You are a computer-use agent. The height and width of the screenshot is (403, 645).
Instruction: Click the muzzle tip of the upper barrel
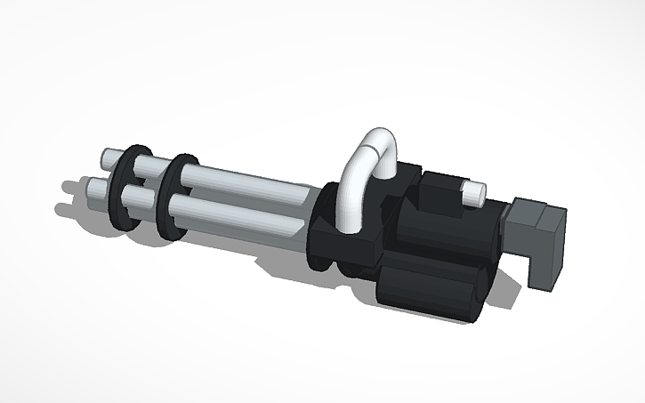tap(106, 158)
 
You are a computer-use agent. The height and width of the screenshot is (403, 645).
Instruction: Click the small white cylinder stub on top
tap(472, 190)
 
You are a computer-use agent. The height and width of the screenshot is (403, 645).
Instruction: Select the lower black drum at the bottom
tap(427, 289)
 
